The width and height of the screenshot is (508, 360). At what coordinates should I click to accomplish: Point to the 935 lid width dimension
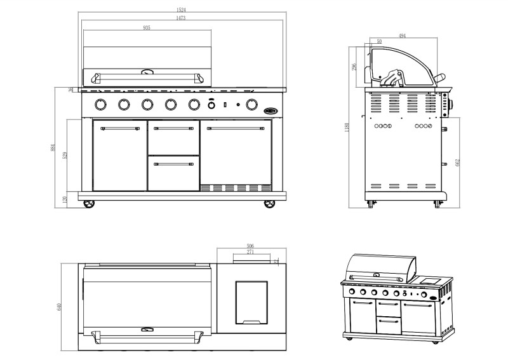pyautogui.click(x=147, y=28)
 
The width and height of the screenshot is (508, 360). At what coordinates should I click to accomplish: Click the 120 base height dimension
pyautogui.click(x=66, y=199)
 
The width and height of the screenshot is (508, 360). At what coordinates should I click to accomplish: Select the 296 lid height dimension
pyautogui.click(x=355, y=65)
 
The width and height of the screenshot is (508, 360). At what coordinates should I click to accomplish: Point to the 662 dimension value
pyautogui.click(x=457, y=163)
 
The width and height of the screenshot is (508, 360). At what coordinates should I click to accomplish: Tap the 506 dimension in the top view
pyautogui.click(x=250, y=246)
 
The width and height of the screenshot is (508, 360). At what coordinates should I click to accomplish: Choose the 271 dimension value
pyautogui.click(x=250, y=253)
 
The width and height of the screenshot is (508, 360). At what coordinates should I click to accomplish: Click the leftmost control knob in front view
pyautogui.click(x=100, y=104)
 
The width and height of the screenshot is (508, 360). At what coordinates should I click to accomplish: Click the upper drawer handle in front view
pyautogui.click(x=173, y=128)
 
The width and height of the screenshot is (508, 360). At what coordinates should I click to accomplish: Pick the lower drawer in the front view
pyautogui.click(x=173, y=173)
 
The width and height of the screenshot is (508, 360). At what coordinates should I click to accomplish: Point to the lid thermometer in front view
pyautogui.click(x=147, y=72)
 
